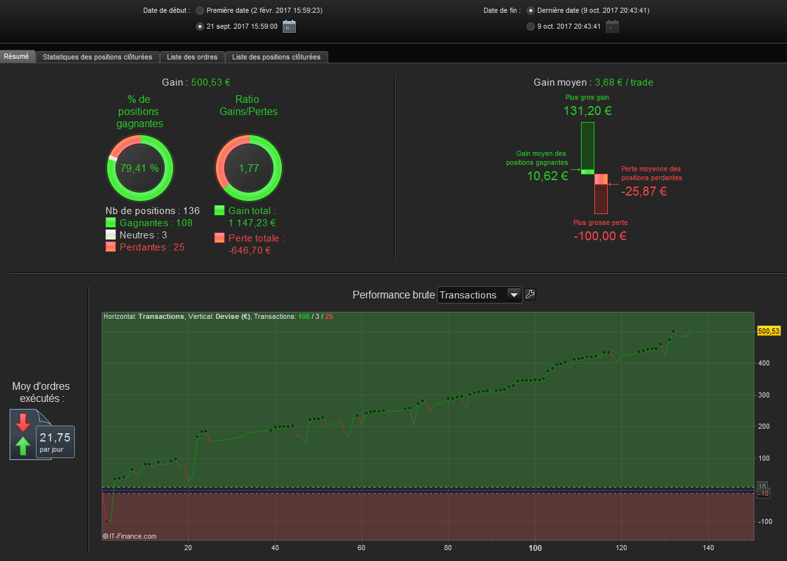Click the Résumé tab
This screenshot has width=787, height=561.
(x=17, y=56)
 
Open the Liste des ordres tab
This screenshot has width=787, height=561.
(x=192, y=57)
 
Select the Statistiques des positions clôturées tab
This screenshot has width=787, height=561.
(x=97, y=57)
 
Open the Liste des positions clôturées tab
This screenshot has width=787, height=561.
(x=276, y=57)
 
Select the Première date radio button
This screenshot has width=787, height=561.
(x=200, y=11)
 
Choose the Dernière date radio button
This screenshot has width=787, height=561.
(x=530, y=11)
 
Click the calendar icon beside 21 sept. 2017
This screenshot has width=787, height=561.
(x=289, y=26)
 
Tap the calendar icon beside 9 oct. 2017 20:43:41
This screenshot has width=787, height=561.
(x=612, y=26)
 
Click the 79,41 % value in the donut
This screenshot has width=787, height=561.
(x=139, y=168)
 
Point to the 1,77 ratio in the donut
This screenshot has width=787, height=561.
(x=248, y=168)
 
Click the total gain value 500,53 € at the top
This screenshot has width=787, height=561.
(x=211, y=82)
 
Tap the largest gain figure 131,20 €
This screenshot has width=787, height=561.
(x=587, y=111)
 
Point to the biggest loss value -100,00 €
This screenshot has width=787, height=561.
(x=600, y=236)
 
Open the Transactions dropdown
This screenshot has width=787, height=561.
(x=479, y=295)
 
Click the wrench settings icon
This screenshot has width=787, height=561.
(x=530, y=295)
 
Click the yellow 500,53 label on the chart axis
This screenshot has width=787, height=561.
(x=768, y=331)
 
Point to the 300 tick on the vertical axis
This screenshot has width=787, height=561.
(x=764, y=395)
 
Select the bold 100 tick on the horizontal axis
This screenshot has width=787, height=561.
(x=535, y=548)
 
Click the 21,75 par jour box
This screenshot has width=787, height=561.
(x=55, y=441)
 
